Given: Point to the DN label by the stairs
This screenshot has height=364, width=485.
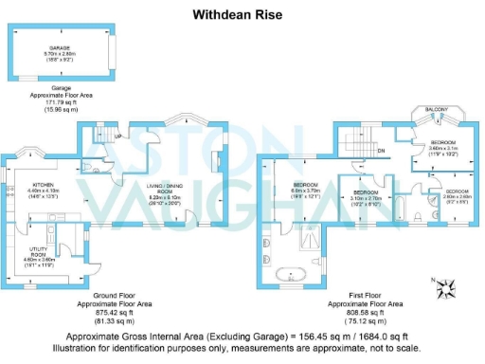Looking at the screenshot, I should (380, 150).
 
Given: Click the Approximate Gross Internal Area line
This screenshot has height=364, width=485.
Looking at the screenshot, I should (242, 337).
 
